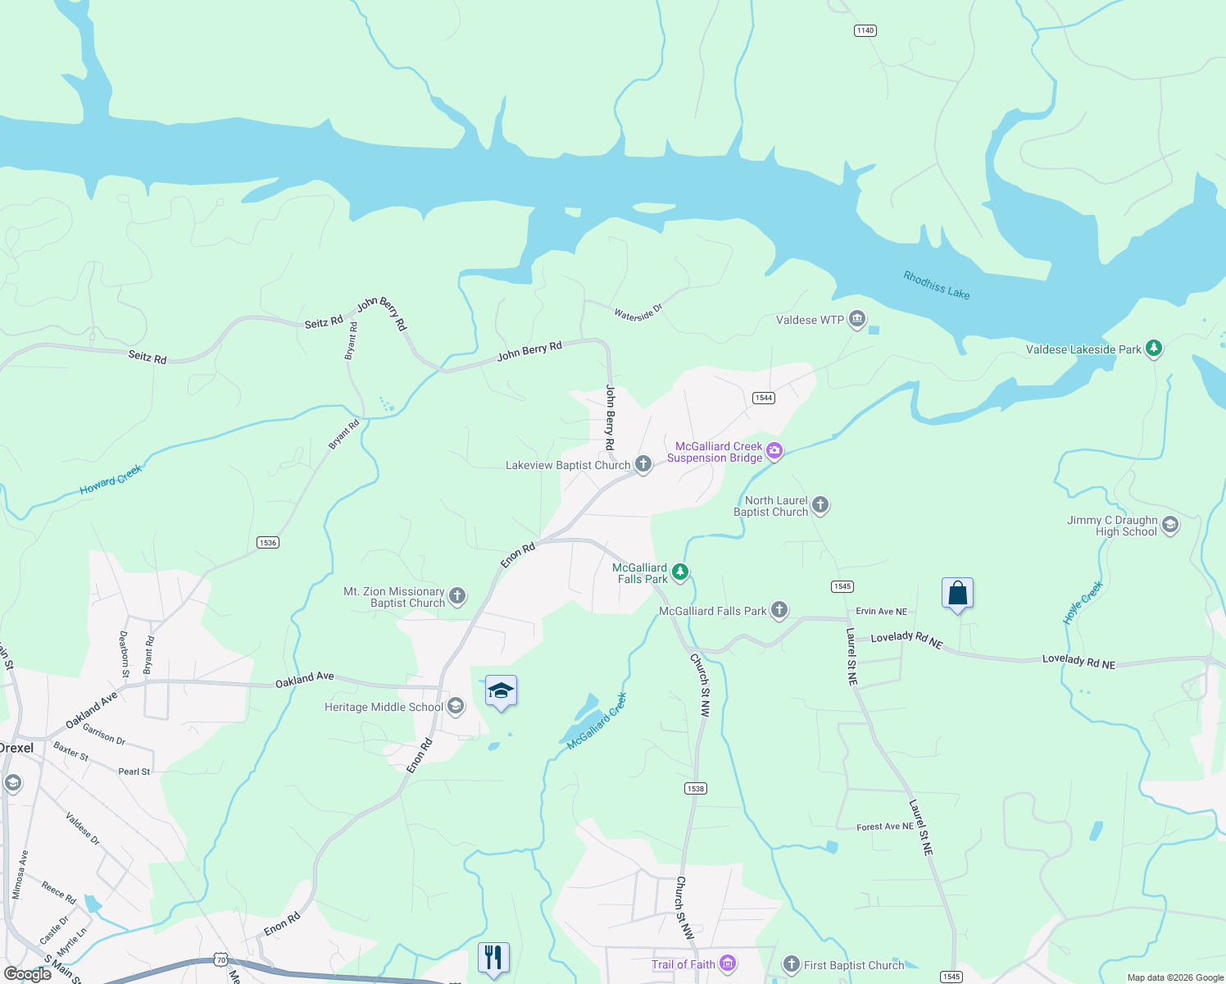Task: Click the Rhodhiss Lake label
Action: click(936, 285)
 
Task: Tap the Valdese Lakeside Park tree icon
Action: click(1154, 348)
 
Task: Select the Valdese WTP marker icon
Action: click(857, 319)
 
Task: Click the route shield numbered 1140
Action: click(865, 30)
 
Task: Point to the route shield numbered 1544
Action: click(764, 398)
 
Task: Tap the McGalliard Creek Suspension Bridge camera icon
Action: click(774, 451)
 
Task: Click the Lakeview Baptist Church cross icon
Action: click(643, 465)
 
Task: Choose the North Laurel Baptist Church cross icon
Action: click(820, 505)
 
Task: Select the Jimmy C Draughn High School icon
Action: click(1170, 525)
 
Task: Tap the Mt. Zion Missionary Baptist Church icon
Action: click(457, 596)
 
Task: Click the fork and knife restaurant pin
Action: click(493, 957)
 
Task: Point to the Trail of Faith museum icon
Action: click(727, 963)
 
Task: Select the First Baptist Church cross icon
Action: click(791, 964)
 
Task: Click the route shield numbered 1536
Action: click(268, 542)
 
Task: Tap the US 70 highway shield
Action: click(220, 959)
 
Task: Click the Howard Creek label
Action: click(111, 479)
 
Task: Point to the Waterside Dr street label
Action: click(638, 312)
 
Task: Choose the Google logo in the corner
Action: click(28, 973)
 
